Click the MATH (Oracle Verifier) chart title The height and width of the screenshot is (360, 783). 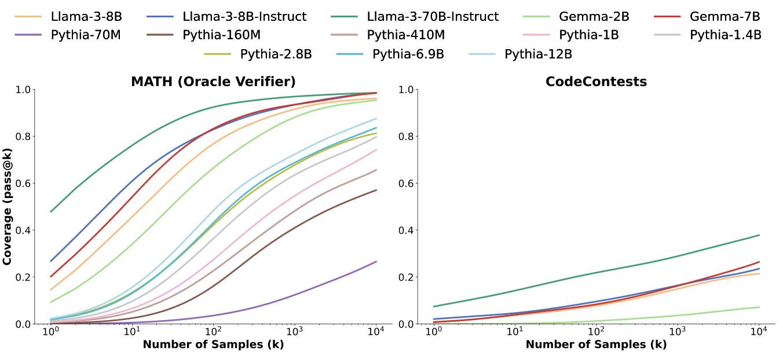point(213,82)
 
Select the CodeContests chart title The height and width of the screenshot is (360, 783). point(596,82)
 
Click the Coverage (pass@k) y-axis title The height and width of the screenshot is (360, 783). point(8,207)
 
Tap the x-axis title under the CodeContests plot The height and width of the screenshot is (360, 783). point(596,344)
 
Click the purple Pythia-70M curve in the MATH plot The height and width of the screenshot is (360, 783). point(290,299)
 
